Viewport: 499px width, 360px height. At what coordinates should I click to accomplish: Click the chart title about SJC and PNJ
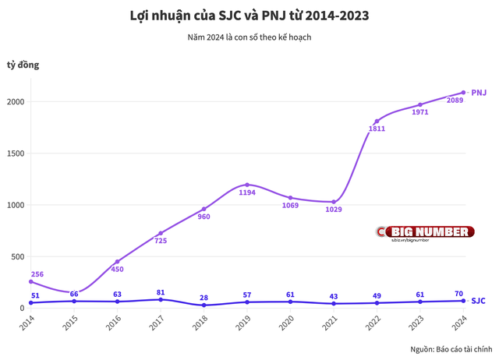click(x=249, y=16)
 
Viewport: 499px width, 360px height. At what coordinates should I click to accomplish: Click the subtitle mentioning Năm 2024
click(x=249, y=37)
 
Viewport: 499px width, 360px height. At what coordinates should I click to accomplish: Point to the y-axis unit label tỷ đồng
click(x=23, y=65)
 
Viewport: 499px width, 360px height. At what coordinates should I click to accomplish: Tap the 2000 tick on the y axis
click(x=15, y=102)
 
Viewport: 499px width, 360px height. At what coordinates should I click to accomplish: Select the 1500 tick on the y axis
click(x=15, y=154)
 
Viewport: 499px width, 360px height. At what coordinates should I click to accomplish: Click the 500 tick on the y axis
click(x=17, y=256)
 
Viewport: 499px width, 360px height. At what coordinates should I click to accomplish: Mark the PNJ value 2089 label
click(x=455, y=100)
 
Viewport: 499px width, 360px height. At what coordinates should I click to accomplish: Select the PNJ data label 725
click(x=161, y=241)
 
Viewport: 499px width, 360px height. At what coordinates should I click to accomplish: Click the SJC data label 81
click(x=161, y=292)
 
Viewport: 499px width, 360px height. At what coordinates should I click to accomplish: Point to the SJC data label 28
click(x=203, y=298)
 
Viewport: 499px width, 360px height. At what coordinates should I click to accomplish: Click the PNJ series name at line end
click(x=479, y=93)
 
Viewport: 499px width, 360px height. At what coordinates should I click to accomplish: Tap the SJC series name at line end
click(x=479, y=300)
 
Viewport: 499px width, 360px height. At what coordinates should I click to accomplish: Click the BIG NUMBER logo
click(x=426, y=232)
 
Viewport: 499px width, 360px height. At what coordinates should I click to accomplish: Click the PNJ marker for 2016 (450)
click(x=117, y=262)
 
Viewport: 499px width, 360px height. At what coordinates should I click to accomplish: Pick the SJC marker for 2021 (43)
click(x=334, y=303)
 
